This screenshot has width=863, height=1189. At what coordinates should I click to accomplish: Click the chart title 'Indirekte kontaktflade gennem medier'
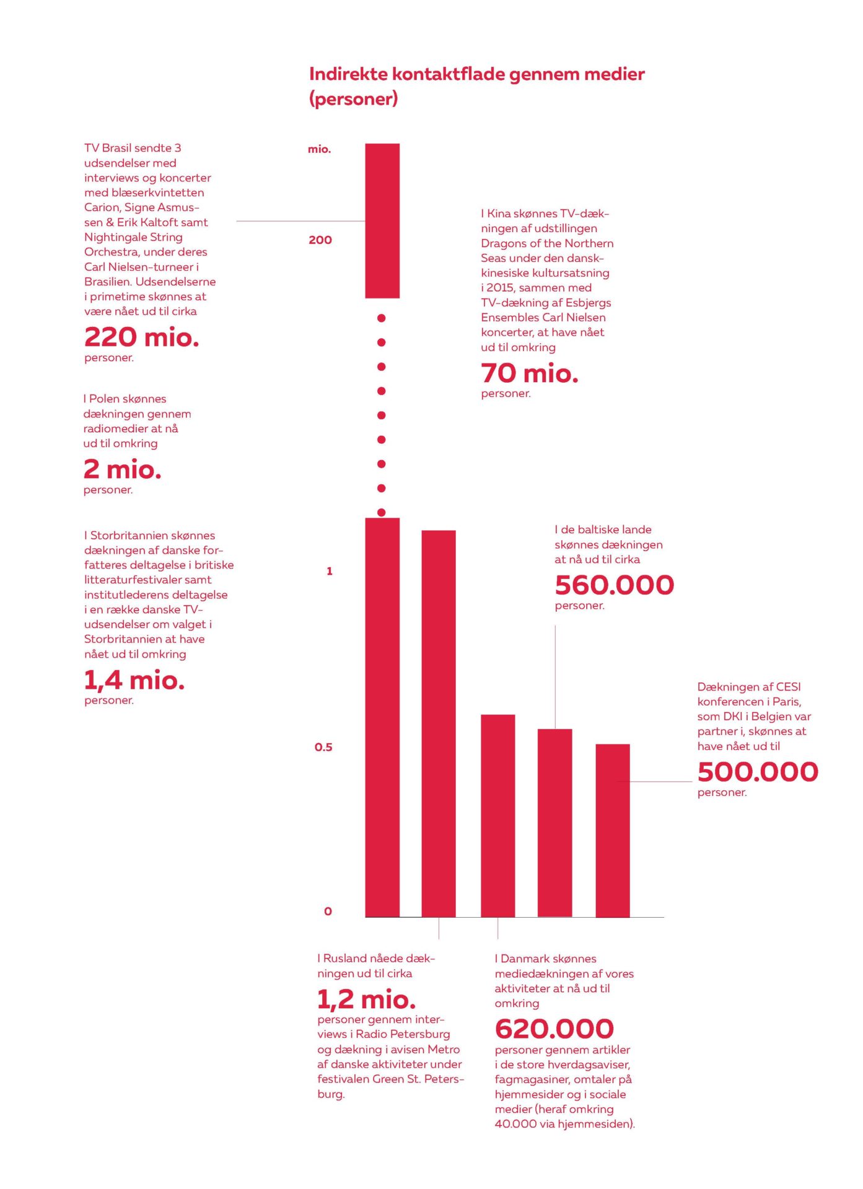(x=476, y=75)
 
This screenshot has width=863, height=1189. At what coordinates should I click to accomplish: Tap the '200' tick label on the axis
(x=320, y=240)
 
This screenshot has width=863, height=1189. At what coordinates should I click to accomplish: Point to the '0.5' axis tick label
(x=323, y=747)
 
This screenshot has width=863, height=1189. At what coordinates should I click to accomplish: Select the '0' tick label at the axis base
(x=328, y=911)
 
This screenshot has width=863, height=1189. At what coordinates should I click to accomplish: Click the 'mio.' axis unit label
(x=320, y=149)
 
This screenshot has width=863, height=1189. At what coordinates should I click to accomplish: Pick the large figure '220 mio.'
(x=142, y=338)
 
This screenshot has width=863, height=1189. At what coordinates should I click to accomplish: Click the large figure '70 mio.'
(x=530, y=373)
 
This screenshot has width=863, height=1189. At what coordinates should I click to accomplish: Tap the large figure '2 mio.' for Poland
(x=123, y=469)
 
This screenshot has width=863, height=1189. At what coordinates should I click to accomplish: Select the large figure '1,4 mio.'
(x=134, y=681)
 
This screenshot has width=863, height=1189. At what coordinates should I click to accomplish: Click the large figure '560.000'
(x=614, y=585)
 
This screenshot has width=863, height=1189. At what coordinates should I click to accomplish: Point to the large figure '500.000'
(x=758, y=772)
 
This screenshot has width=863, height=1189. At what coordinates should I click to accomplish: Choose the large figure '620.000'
(x=554, y=1029)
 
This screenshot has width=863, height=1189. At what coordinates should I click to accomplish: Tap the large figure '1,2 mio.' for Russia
(x=366, y=1000)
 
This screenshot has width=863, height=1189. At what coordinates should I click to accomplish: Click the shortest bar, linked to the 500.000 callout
(x=613, y=830)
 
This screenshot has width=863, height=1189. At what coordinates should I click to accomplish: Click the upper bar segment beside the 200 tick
(x=382, y=220)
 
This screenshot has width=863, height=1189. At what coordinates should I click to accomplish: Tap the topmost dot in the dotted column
(x=382, y=318)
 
